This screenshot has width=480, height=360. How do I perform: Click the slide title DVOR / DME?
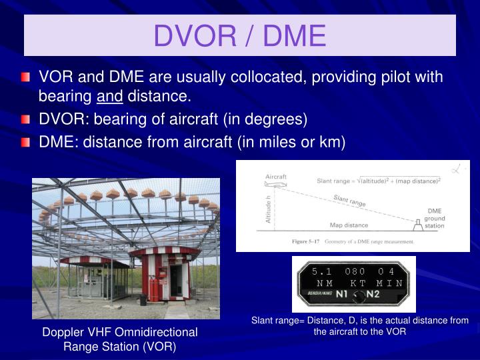[240, 35]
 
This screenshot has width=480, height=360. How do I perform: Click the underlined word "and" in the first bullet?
[109, 97]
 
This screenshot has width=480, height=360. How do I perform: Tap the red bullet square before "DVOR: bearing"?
[26, 120]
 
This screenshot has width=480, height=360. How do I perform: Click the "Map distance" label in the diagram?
[349, 225]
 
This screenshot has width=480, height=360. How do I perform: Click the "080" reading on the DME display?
[355, 271]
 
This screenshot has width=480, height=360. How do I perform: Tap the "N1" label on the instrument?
[342, 293]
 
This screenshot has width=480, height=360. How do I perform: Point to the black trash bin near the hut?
[143, 299]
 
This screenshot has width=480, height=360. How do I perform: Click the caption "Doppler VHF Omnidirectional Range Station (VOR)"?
[120, 339]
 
